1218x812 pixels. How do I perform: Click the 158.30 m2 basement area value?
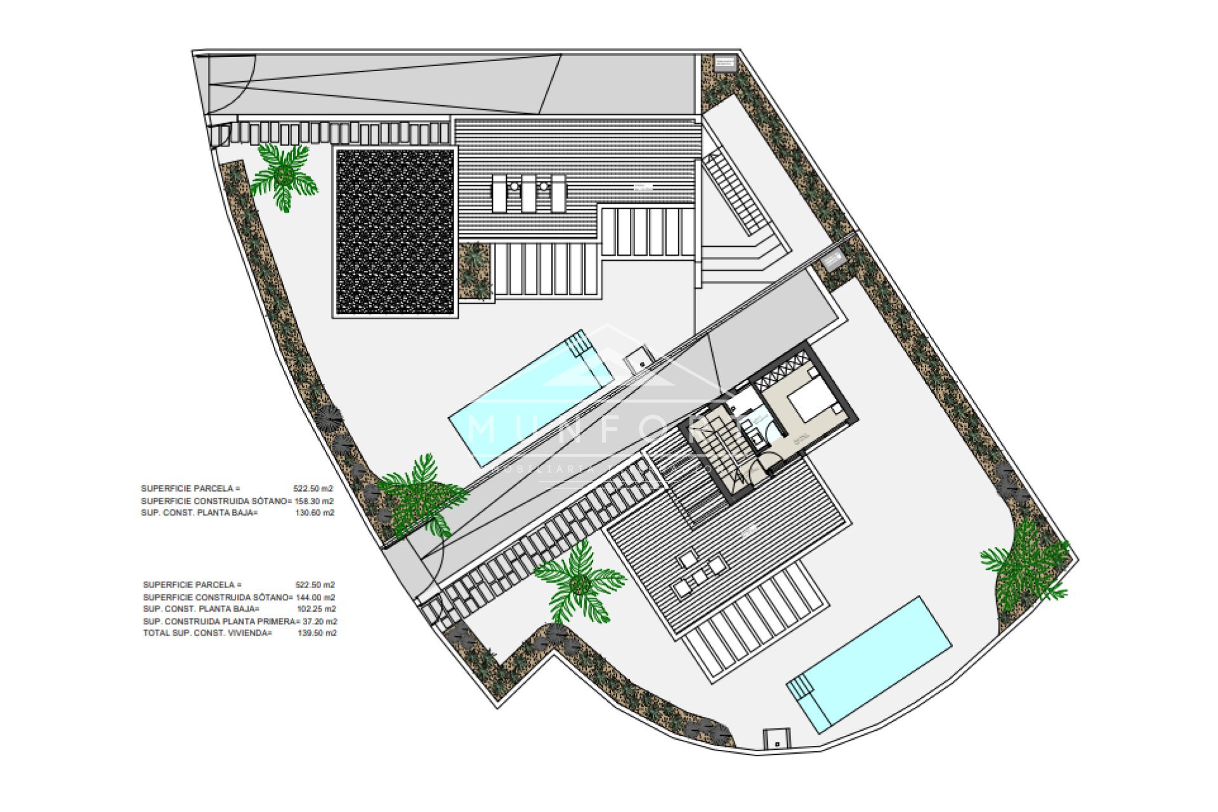314,501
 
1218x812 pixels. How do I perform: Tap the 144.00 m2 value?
316,598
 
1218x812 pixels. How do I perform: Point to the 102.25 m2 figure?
317,609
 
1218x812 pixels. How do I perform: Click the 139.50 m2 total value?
317,633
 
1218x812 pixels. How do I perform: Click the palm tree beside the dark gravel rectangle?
284,174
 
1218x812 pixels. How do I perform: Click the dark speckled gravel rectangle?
395,232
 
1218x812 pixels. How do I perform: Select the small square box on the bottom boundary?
776,739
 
